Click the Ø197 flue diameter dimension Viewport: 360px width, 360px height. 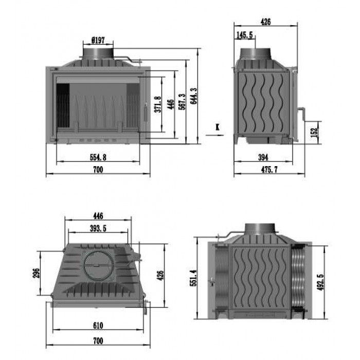[x=98, y=41]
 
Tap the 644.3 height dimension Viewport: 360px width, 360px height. [x=194, y=96]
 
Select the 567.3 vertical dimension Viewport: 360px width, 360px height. [x=182, y=101]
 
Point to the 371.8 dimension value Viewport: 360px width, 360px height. [x=158, y=104]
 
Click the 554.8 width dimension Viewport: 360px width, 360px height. [x=98, y=157]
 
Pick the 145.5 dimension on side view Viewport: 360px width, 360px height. [x=244, y=35]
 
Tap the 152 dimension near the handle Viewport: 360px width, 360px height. [x=314, y=133]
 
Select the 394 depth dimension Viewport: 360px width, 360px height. [x=263, y=157]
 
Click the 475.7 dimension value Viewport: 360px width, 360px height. [x=269, y=169]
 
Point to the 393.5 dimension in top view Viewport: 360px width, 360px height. [x=98, y=228]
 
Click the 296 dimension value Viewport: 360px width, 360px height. [x=37, y=273]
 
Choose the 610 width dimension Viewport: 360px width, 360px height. [x=98, y=326]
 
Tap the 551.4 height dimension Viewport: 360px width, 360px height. [x=193, y=278]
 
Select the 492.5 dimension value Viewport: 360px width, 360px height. [x=320, y=282]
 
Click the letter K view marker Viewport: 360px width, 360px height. [x=218, y=127]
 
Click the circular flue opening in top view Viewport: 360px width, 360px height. [x=98, y=266]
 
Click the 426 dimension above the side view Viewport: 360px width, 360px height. [x=266, y=22]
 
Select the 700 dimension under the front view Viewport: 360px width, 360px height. [x=98, y=169]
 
